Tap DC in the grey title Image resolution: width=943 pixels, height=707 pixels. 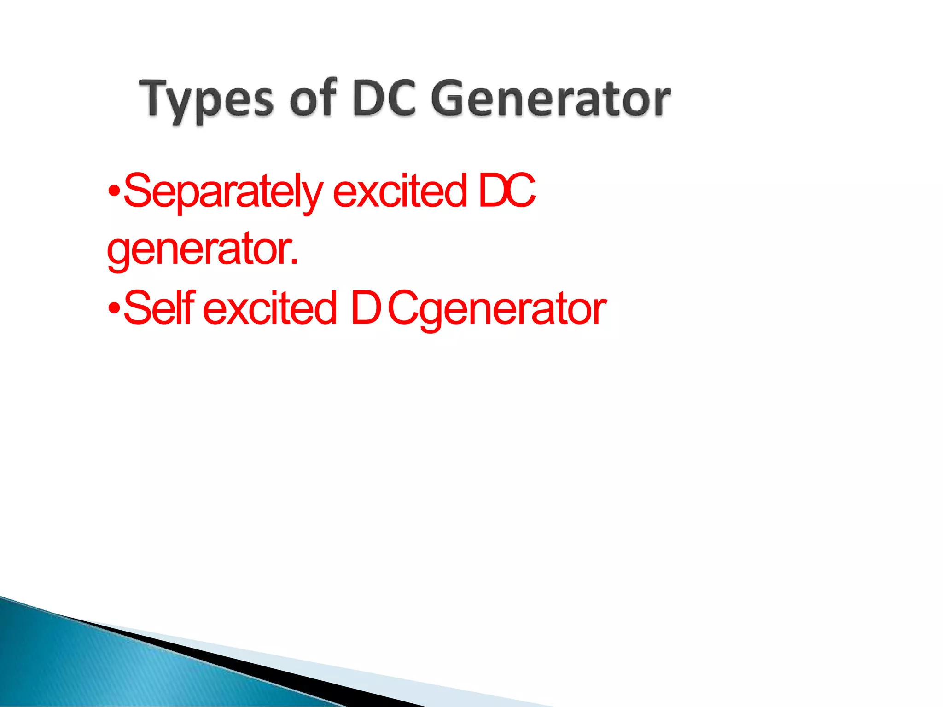[x=384, y=98]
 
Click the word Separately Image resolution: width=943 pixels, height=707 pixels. [x=223, y=192]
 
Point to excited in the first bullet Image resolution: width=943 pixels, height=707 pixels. [x=399, y=191]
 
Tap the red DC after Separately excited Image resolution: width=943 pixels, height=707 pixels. [x=506, y=191]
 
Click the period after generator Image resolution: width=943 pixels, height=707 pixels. [x=294, y=263]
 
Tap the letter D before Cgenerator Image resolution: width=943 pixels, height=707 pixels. [x=365, y=307]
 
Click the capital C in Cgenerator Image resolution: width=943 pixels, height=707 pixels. [x=403, y=307]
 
